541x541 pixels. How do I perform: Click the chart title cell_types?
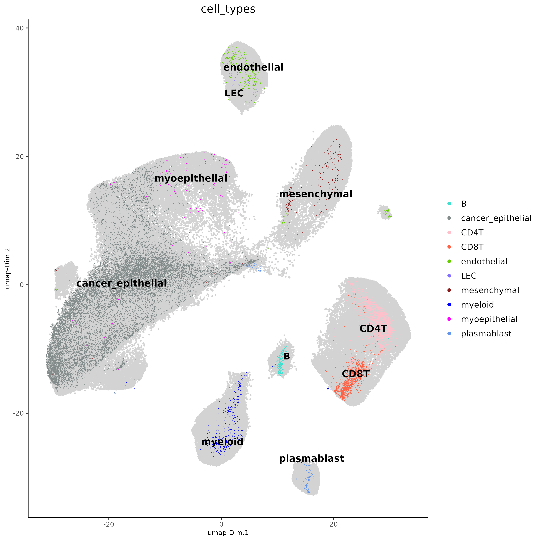(x=228, y=9)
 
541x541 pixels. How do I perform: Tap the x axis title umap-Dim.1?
(x=228, y=533)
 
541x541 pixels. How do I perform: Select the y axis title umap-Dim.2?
(x=8, y=268)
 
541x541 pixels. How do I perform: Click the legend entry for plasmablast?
(x=486, y=334)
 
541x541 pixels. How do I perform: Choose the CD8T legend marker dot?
(x=449, y=247)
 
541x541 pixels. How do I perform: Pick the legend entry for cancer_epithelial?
(x=496, y=218)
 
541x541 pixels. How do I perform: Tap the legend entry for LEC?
(x=468, y=276)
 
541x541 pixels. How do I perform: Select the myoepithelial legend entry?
(x=489, y=319)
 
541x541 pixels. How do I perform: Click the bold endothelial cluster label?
(x=253, y=68)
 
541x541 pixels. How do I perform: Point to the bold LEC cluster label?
(x=234, y=93)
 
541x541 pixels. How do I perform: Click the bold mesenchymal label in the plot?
(x=316, y=194)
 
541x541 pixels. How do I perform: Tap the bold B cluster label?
(x=287, y=356)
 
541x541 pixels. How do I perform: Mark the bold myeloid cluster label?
(x=222, y=442)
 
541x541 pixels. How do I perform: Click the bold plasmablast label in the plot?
(x=311, y=459)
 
